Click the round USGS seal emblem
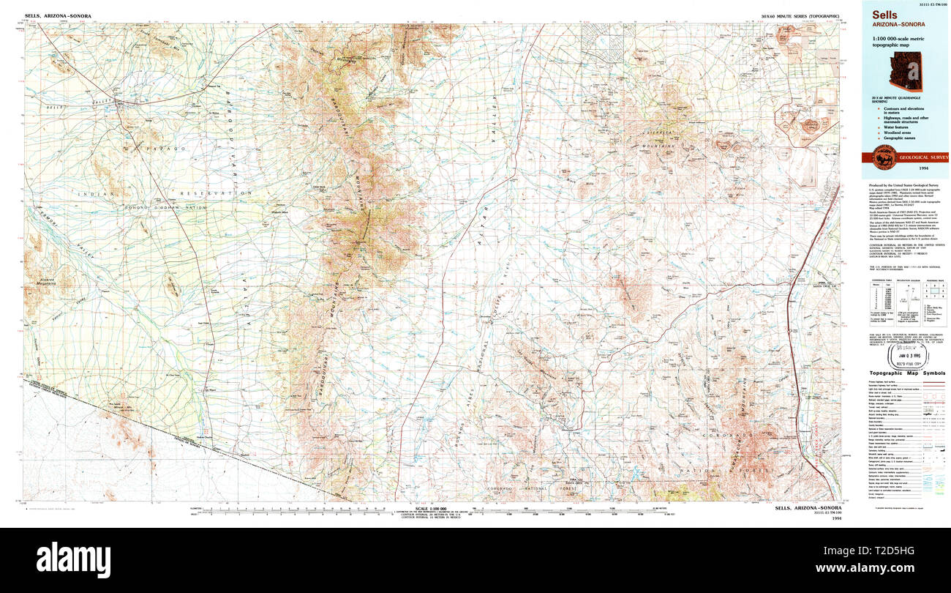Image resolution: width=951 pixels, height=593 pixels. (x=884, y=155)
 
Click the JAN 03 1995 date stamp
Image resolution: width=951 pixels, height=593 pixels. (x=905, y=357)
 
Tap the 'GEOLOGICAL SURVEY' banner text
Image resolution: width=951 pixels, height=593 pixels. (x=925, y=157)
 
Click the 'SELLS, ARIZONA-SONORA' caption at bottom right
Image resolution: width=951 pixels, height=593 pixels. (x=807, y=507)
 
